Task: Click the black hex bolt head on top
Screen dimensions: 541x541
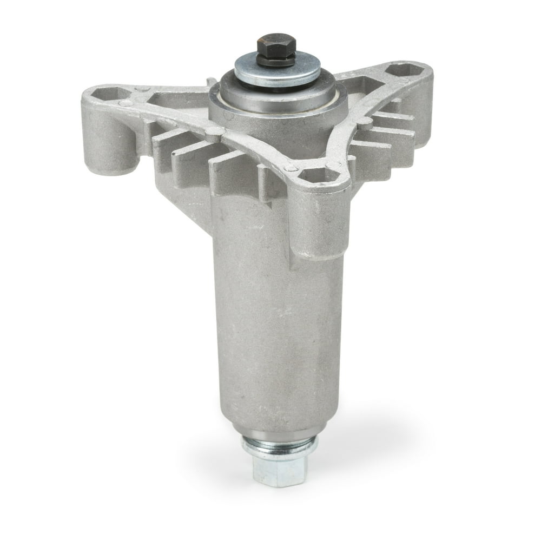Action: pos(275,49)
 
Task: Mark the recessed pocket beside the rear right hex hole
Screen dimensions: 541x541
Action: pos(368,87)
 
